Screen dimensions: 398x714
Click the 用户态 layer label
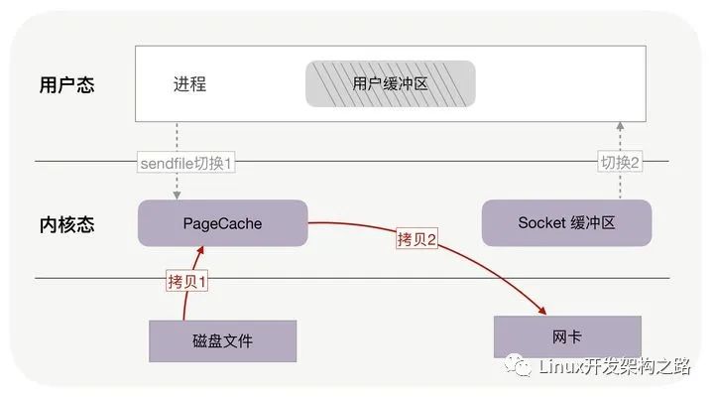(67, 84)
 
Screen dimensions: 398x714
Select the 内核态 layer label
(67, 224)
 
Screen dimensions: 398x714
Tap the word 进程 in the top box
(188, 84)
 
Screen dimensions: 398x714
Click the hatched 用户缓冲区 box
(390, 84)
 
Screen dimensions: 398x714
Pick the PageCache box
(222, 223)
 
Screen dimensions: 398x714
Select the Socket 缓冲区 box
(566, 223)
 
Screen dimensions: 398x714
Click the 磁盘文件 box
(222, 341)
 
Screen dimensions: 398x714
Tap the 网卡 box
(566, 336)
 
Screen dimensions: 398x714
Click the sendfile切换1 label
(185, 162)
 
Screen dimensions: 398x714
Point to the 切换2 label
(621, 162)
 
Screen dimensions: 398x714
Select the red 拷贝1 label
(188, 281)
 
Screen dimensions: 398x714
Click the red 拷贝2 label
(417, 239)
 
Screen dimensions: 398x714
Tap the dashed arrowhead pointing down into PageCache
(178, 196)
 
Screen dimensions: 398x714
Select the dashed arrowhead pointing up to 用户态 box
(621, 126)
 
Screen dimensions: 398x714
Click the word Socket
(540, 223)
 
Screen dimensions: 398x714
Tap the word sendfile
(166, 162)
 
